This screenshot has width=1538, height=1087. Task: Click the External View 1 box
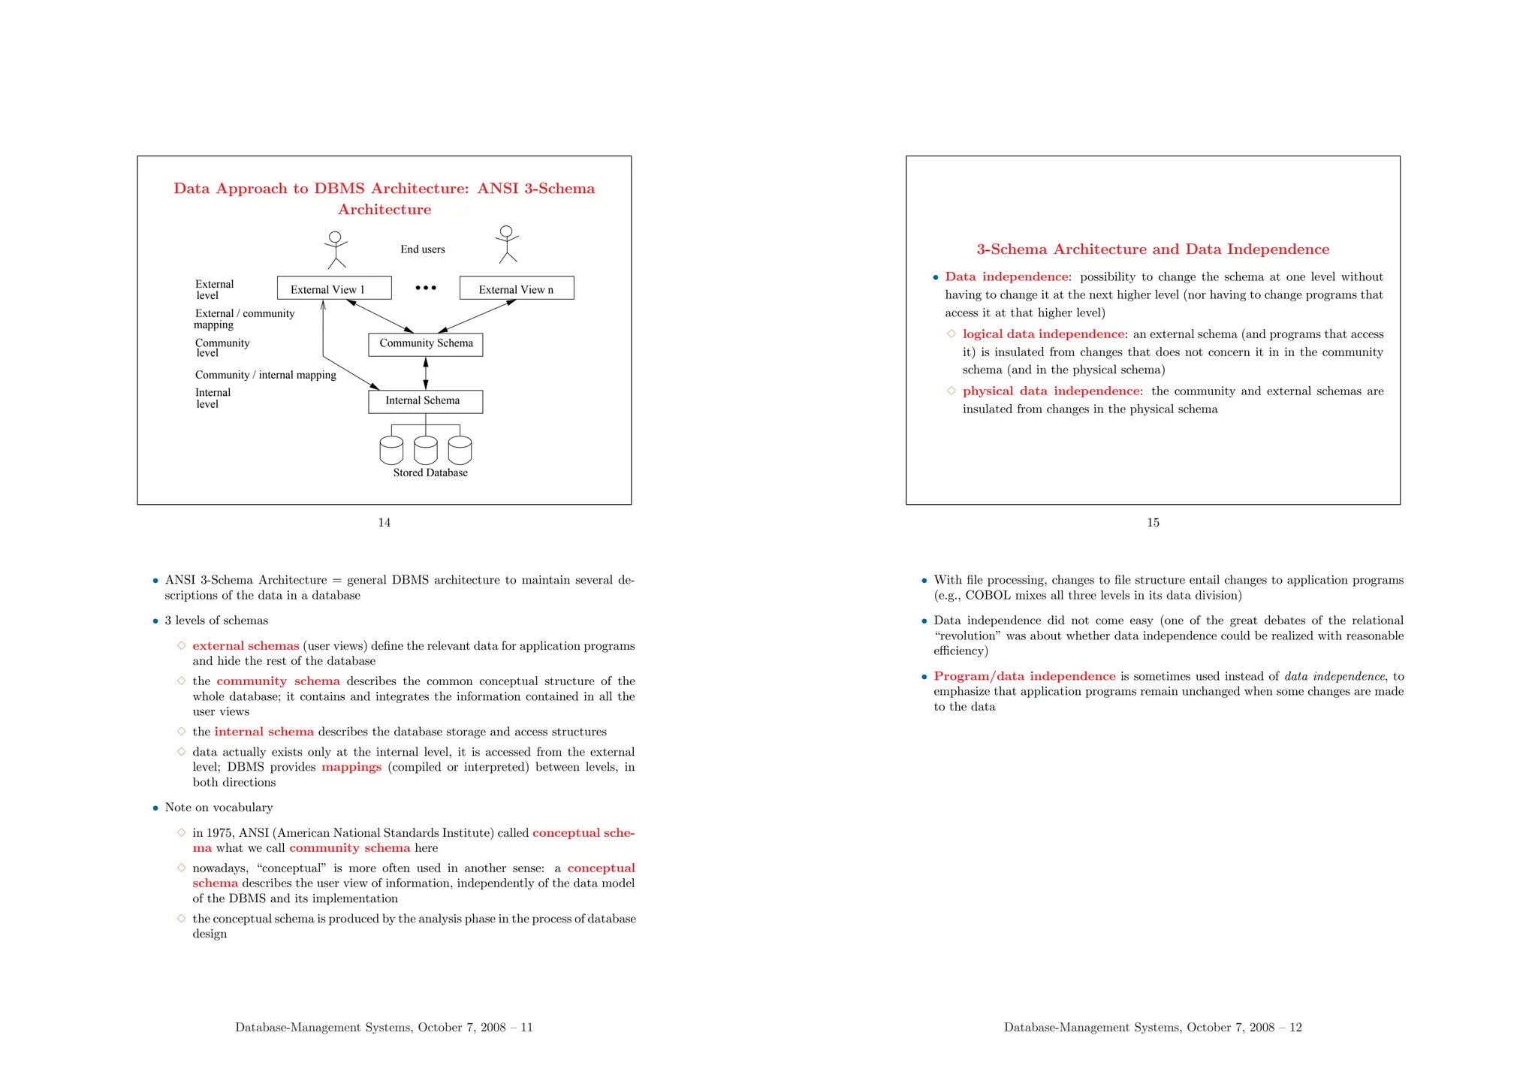tap(334, 288)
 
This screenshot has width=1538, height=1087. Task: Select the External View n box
tap(517, 288)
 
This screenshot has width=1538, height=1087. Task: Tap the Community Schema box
tap(425, 345)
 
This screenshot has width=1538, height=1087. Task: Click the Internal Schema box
tap(425, 402)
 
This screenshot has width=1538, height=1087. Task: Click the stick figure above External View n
tap(508, 244)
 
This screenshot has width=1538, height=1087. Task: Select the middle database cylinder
tap(425, 450)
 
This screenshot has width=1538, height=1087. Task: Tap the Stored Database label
tap(430, 473)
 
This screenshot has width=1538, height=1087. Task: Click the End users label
tap(422, 249)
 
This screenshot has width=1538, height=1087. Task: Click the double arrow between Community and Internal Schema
tap(426, 373)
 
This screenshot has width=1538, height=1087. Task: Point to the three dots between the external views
tap(426, 288)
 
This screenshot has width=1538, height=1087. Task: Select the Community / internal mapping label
tap(265, 375)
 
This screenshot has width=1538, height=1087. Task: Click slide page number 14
tap(384, 523)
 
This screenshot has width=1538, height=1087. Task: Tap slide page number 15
tap(1153, 523)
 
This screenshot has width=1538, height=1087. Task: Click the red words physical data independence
tap(1051, 391)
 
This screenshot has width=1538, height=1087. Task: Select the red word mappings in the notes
tap(351, 767)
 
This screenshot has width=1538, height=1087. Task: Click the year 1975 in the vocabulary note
tap(219, 833)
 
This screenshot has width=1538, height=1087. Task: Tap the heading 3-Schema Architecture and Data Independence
tap(1153, 249)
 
